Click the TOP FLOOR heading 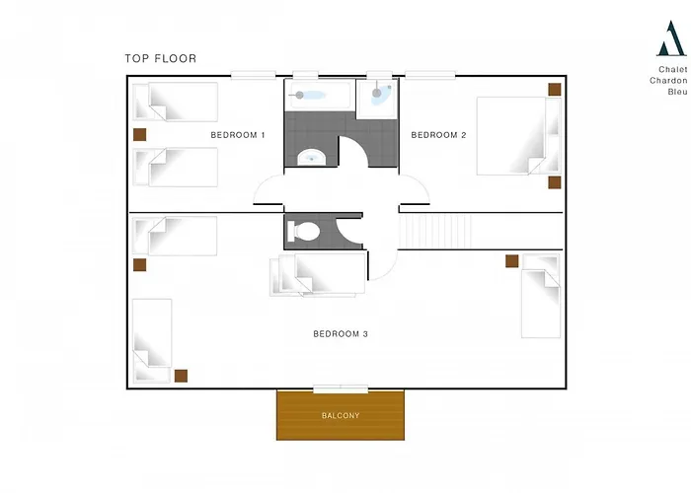pyautogui.click(x=161, y=58)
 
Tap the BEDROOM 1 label pyautogui.click(x=238, y=135)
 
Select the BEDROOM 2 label pyautogui.click(x=438, y=135)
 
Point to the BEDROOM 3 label pyautogui.click(x=341, y=334)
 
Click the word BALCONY pyautogui.click(x=341, y=415)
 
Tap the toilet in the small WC pyautogui.click(x=303, y=232)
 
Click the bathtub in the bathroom pyautogui.click(x=321, y=95)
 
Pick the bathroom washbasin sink pyautogui.click(x=312, y=157)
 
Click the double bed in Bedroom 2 pyautogui.click(x=519, y=136)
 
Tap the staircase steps pyautogui.click(x=435, y=231)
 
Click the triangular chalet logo pyautogui.click(x=670, y=38)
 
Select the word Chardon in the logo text pyautogui.click(x=668, y=81)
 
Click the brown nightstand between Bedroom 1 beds pyautogui.click(x=140, y=135)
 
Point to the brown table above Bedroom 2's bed pyautogui.click(x=555, y=90)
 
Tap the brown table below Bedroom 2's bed pyautogui.click(x=555, y=182)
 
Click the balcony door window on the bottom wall pyautogui.click(x=341, y=389)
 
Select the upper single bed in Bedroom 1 pyautogui.click(x=176, y=102)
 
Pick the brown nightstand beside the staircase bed pyautogui.click(x=511, y=261)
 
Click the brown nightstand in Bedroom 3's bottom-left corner pyautogui.click(x=181, y=376)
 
